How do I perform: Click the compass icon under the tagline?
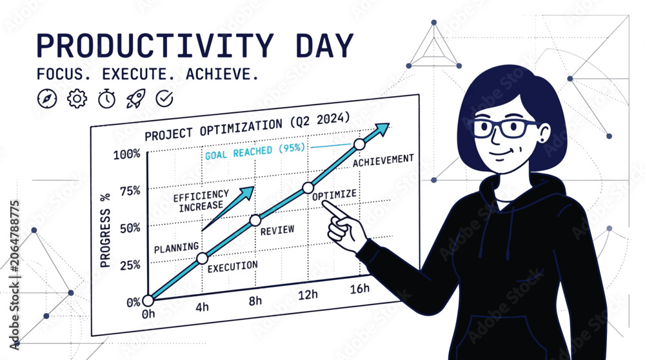point(47,99)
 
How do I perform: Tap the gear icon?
point(77,99)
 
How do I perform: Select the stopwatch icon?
point(106,99)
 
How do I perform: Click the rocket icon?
point(135,99)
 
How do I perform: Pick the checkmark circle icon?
point(164,99)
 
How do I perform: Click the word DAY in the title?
point(324,45)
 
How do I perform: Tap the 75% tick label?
point(130,192)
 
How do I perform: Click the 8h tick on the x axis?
point(255,301)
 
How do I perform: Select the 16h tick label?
point(359,289)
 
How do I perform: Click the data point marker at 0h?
point(148,301)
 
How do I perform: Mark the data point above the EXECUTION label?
point(202,258)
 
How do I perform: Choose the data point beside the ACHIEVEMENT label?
point(359,145)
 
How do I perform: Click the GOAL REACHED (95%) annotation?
point(255,151)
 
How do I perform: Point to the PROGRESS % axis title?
point(105,230)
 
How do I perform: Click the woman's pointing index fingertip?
point(324,203)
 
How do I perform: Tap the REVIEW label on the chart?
point(277,230)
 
